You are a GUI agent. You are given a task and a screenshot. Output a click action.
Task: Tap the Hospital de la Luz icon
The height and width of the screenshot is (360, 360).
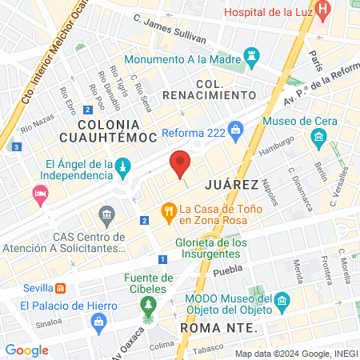[x=323, y=12]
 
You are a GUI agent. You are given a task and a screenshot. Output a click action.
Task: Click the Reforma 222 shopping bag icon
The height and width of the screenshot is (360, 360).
[x=235, y=129]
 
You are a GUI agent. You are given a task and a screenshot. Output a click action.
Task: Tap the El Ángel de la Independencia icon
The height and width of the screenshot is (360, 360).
[x=122, y=168]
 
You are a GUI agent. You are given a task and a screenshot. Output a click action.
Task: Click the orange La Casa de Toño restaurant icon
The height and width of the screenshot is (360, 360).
[x=168, y=212]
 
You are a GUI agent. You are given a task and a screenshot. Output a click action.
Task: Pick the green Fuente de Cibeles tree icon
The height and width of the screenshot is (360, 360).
[x=146, y=305]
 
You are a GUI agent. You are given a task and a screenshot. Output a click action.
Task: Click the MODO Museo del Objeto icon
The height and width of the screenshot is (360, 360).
[x=282, y=302]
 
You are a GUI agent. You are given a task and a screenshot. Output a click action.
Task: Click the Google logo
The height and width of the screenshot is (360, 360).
[x=26, y=350]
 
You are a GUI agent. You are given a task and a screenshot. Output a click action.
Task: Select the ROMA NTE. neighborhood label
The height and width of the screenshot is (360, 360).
[x=218, y=329]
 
